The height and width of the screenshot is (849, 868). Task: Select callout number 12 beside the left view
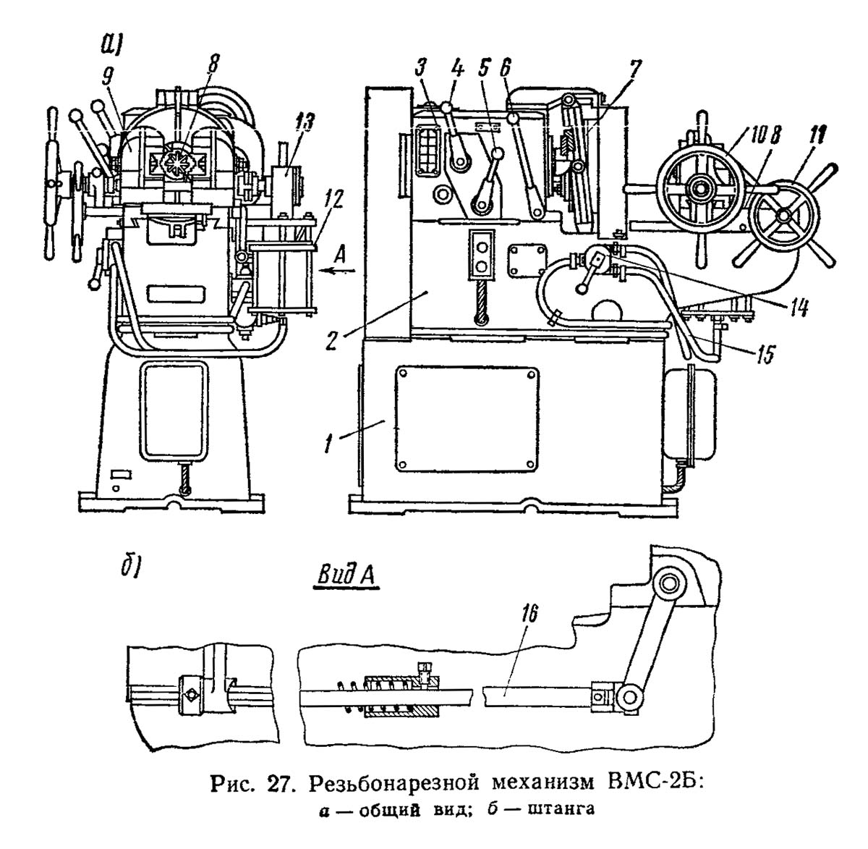(x=308, y=209)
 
